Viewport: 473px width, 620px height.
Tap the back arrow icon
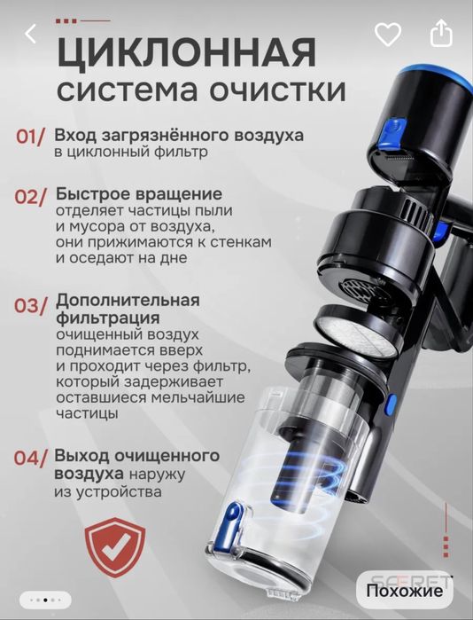tap(31, 35)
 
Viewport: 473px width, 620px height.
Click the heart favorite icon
tap(387, 35)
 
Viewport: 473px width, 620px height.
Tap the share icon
tap(440, 35)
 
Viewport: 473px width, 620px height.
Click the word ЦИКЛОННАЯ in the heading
tap(186, 53)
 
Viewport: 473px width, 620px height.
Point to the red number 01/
tap(31, 138)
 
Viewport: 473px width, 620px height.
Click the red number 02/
tap(31, 197)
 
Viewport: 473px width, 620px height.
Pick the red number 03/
tap(31, 305)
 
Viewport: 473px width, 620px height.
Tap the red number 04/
tap(31, 459)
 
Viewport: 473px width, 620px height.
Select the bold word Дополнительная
tap(127, 300)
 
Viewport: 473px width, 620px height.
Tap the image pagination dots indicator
tap(45, 598)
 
